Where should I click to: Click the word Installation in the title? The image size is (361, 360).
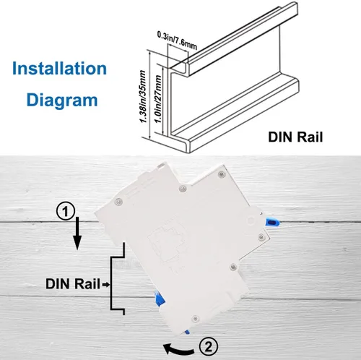click(x=60, y=70)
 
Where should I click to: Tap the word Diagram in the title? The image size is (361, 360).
click(x=61, y=99)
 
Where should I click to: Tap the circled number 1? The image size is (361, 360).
click(x=66, y=212)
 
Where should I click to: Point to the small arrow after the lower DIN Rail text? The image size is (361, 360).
click(x=106, y=284)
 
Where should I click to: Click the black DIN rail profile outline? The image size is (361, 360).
click(x=120, y=282)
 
